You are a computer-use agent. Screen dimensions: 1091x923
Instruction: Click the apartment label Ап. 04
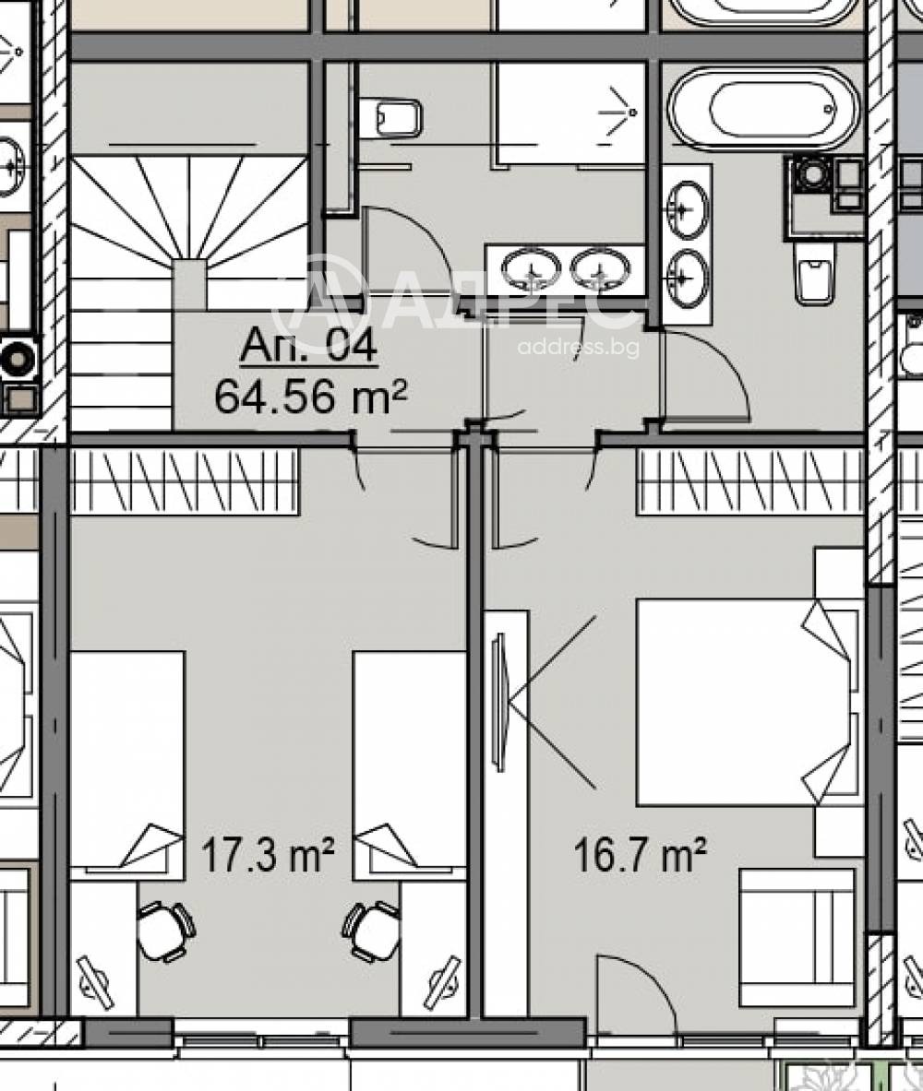308,347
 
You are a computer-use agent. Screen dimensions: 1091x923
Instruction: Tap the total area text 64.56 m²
310,397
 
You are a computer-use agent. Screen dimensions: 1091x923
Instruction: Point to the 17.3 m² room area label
267,856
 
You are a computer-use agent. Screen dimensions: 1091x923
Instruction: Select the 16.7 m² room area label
641,856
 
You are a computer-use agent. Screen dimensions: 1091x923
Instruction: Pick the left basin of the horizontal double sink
532,269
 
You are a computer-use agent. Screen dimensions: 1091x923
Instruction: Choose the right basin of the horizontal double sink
600,269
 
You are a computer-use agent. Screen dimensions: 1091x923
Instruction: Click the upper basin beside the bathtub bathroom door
687,209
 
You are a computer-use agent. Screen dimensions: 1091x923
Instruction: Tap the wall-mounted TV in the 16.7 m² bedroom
498,702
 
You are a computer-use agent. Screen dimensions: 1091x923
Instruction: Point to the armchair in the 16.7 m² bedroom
797,937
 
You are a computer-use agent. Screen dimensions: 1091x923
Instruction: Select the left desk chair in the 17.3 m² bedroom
165,931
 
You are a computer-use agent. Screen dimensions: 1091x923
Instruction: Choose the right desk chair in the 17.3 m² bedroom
372,931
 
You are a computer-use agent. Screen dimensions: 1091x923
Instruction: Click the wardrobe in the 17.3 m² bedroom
185,481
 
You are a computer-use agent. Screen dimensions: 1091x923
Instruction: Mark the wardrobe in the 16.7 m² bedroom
749,481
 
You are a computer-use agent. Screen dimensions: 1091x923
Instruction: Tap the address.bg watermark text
578,348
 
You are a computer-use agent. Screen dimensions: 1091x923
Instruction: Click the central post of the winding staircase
189,284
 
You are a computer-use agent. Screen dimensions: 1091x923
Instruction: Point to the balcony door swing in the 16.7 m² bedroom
637,996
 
